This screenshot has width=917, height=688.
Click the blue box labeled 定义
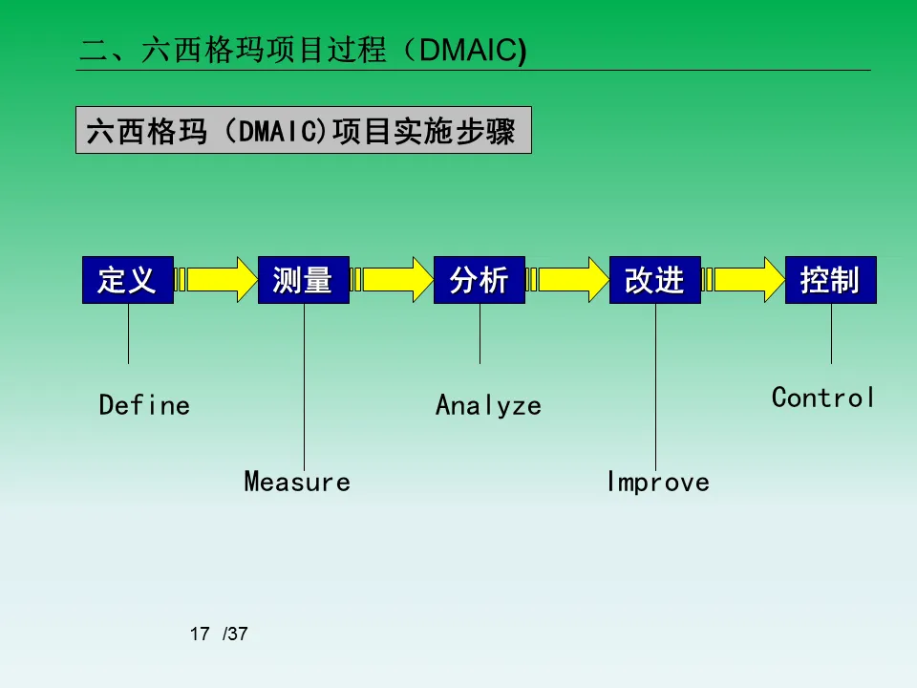click(128, 280)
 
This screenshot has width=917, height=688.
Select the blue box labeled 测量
click(304, 280)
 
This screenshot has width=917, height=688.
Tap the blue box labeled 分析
click(480, 280)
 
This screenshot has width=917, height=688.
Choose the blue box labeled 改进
click(655, 280)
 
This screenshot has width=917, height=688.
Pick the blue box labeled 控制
click(831, 280)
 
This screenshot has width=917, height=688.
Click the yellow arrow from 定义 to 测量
click(216, 279)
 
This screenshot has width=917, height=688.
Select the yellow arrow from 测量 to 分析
click(392, 279)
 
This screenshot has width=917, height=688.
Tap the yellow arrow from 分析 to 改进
click(567, 279)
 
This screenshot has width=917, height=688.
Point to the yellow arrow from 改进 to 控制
click(743, 279)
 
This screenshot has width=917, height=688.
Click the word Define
click(144, 405)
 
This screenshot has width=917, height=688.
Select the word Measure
click(297, 482)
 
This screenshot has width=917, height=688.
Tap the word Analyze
click(488, 405)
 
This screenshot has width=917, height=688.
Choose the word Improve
click(658, 482)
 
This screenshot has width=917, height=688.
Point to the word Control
click(823, 398)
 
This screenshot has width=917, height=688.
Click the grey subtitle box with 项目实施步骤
click(304, 131)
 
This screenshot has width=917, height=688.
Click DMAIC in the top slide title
click(468, 51)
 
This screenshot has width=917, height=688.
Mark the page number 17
click(199, 634)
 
